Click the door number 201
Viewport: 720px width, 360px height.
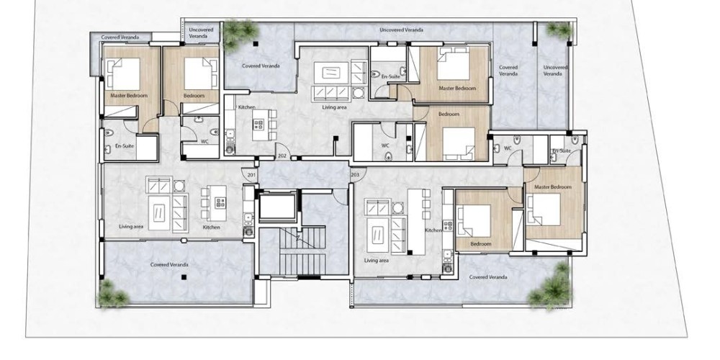point(251,175)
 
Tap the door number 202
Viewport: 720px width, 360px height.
point(282,156)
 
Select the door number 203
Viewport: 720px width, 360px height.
point(355,175)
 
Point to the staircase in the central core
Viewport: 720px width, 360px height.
point(302,251)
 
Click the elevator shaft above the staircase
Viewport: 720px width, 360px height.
point(278,207)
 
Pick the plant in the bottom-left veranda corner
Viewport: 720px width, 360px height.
point(112,294)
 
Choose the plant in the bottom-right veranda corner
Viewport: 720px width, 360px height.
point(552,287)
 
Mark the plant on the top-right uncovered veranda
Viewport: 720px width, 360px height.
point(559,30)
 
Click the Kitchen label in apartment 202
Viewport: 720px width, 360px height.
point(246,107)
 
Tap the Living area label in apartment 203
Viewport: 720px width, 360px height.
point(376,261)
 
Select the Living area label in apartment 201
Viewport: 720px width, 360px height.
point(131,226)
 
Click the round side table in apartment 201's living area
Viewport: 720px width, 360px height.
point(179,186)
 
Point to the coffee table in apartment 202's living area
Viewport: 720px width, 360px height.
point(330,73)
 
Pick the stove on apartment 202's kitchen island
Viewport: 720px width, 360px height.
point(259,125)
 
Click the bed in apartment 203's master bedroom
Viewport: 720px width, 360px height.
point(544,210)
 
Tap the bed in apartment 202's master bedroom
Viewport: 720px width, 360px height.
point(453,63)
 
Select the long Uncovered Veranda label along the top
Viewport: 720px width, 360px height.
point(401,30)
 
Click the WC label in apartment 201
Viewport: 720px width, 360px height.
point(204,141)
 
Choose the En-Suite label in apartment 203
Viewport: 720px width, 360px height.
point(562,150)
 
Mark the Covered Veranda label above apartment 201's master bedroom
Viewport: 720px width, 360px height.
point(120,37)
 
